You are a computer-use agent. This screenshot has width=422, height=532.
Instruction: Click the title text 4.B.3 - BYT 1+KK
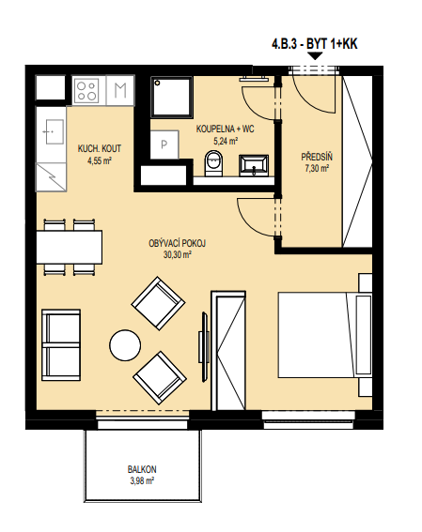point(314,44)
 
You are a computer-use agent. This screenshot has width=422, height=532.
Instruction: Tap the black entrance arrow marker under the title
point(315,56)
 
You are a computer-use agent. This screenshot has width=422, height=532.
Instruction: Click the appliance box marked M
point(120,90)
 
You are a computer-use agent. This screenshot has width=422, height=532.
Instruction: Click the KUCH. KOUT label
point(100,148)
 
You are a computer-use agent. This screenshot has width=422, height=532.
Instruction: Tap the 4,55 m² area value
point(100,160)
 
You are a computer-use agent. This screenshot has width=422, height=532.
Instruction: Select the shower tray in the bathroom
point(172,97)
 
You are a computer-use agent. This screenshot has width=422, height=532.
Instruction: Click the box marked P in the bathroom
point(164,144)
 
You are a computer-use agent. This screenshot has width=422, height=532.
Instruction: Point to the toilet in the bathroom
point(213,163)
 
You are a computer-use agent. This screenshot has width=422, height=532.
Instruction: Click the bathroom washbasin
point(254,165)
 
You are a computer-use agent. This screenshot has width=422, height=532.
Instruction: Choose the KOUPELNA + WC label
point(225,129)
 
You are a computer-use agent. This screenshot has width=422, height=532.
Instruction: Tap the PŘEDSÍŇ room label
point(317,157)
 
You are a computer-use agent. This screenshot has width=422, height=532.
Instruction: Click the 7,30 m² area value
point(317,168)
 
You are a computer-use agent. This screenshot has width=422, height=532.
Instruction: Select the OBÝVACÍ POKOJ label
point(177,243)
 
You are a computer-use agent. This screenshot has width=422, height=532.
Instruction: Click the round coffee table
point(125,345)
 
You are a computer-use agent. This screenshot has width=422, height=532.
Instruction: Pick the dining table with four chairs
point(70,248)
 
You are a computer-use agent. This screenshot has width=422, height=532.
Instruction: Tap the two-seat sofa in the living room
point(61,345)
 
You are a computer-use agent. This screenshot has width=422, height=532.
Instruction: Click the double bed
point(325,334)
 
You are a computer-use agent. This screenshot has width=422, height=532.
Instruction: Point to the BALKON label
point(142,469)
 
